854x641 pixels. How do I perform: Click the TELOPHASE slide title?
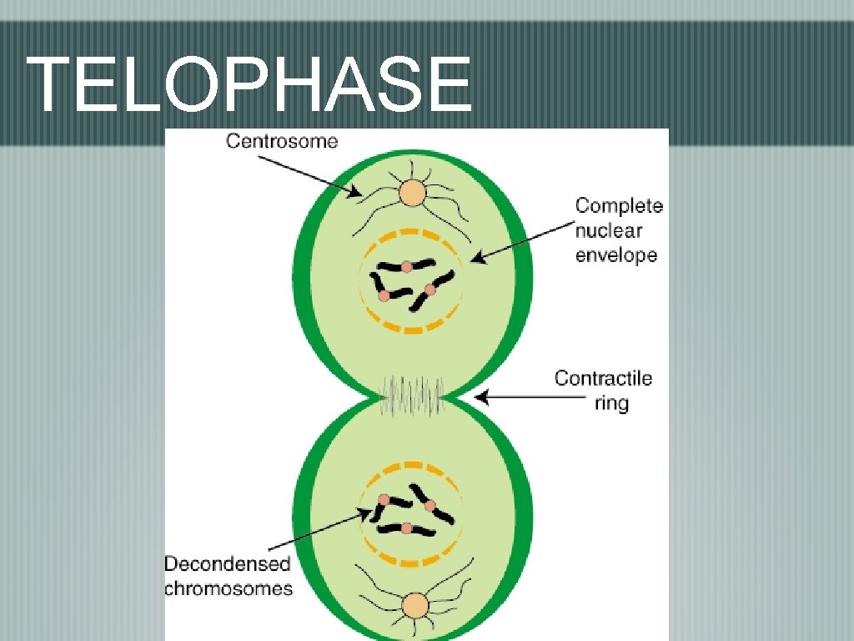[x=249, y=84]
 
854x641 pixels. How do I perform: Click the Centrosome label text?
[x=282, y=141]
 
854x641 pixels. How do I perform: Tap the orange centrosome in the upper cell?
[x=412, y=194]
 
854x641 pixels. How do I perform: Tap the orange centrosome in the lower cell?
[x=414, y=605]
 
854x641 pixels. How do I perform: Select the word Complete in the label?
[x=619, y=205]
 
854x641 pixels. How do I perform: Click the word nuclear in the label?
[x=609, y=230]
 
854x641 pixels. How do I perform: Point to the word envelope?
[x=616, y=255]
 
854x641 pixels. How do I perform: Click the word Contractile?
[x=604, y=379]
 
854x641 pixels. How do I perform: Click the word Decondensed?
[x=227, y=564]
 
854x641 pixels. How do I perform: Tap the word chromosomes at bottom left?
[x=229, y=588]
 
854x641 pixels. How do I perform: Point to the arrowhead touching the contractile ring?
[x=480, y=399]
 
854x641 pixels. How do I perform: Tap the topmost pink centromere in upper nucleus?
[x=406, y=267]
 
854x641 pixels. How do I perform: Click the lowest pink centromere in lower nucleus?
[x=406, y=528]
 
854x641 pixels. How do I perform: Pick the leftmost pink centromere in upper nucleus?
[x=383, y=295]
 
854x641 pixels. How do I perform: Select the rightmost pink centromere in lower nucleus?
[x=430, y=505]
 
